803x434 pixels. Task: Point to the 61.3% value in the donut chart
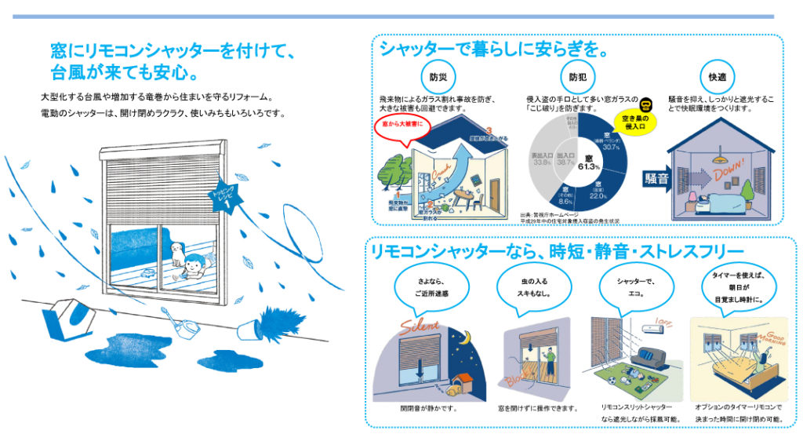[x=588, y=163]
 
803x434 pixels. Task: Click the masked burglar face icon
[x=646, y=106]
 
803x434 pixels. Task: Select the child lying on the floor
[x=196, y=269]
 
